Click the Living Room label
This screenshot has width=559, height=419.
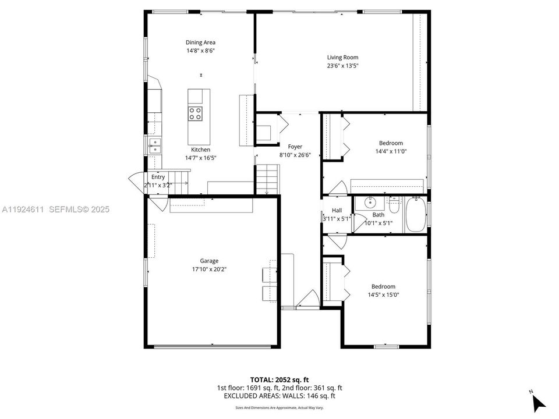point(342,58)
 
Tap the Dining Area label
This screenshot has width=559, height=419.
point(200,42)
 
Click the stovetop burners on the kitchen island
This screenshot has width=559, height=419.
point(196,113)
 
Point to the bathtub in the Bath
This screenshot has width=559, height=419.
point(415,215)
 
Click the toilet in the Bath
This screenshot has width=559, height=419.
point(394,207)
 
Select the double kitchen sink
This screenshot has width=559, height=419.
point(155,145)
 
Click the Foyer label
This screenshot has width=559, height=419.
point(295,147)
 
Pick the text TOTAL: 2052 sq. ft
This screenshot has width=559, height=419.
point(279,379)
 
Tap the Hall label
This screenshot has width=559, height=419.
point(337,211)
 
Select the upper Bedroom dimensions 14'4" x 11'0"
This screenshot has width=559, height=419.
point(391,151)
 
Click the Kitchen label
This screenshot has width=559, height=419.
point(200,150)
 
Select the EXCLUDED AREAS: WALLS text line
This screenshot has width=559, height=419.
point(279,396)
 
